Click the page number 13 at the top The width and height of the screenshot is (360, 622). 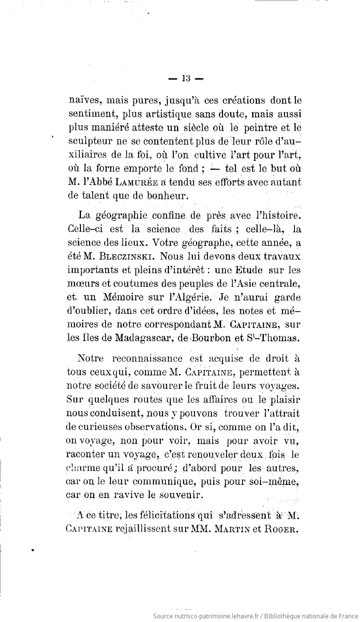click(x=186, y=79)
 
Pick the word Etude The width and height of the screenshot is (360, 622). click(x=250, y=270)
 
